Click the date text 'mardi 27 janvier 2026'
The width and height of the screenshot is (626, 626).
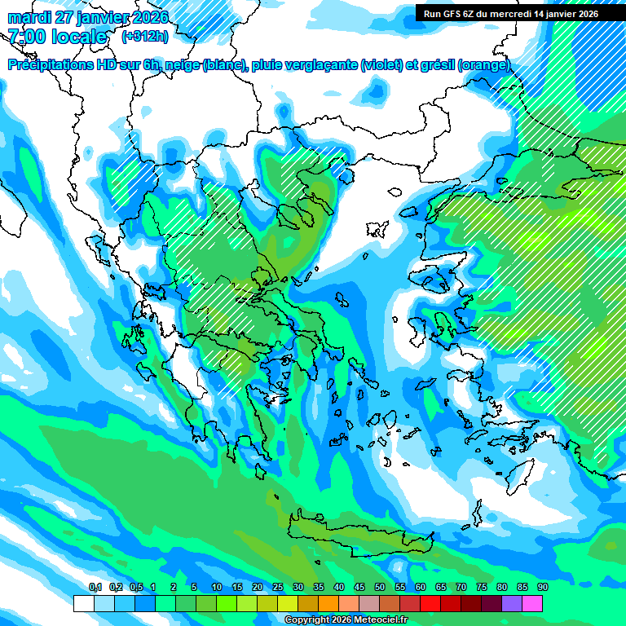87,18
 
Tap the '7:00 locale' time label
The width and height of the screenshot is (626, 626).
57,37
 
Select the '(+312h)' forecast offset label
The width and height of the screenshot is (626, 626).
145,37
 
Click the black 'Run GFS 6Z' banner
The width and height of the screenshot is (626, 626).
512,13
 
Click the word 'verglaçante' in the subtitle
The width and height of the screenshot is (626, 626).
320,65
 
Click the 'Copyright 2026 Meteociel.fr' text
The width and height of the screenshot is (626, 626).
346,620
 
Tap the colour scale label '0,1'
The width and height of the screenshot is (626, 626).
95,587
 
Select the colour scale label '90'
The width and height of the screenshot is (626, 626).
543,587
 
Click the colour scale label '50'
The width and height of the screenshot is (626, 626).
380,587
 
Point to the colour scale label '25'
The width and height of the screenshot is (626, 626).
278,587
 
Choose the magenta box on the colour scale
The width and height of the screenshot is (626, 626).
532,603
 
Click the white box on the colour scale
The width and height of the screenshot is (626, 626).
83,603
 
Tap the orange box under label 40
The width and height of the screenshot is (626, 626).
328,603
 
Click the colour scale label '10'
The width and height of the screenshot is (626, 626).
217,587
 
